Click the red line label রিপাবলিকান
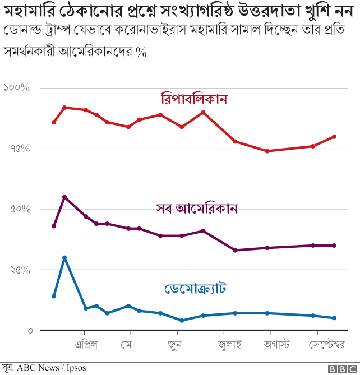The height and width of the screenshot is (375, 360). coord(193,99)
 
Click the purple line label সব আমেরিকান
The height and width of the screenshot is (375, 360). coord(197,208)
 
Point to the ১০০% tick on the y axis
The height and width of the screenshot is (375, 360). coord(16,88)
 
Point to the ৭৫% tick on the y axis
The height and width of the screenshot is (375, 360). coord(19,149)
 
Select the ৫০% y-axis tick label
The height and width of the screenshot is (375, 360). coord(19,209)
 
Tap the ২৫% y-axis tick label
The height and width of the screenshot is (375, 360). coord(19,270)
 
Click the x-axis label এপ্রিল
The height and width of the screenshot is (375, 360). coord(86,343)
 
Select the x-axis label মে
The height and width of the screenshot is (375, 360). coord(126,343)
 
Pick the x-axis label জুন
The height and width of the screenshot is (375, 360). coord(174,343)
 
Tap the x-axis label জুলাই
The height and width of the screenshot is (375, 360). coord(230,343)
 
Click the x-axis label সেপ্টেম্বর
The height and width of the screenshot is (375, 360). coord(326,343)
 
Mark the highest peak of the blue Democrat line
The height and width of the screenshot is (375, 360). coord(64,258)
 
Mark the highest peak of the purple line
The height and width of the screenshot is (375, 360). coord(64,197)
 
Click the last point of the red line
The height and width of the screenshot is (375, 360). coord(334,137)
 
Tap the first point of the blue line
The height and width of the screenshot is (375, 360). coord(54,296)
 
